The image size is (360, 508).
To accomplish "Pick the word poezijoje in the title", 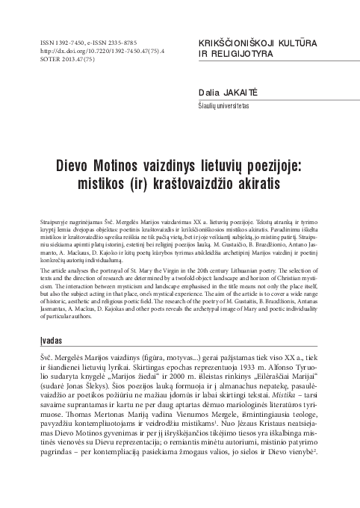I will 279,144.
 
